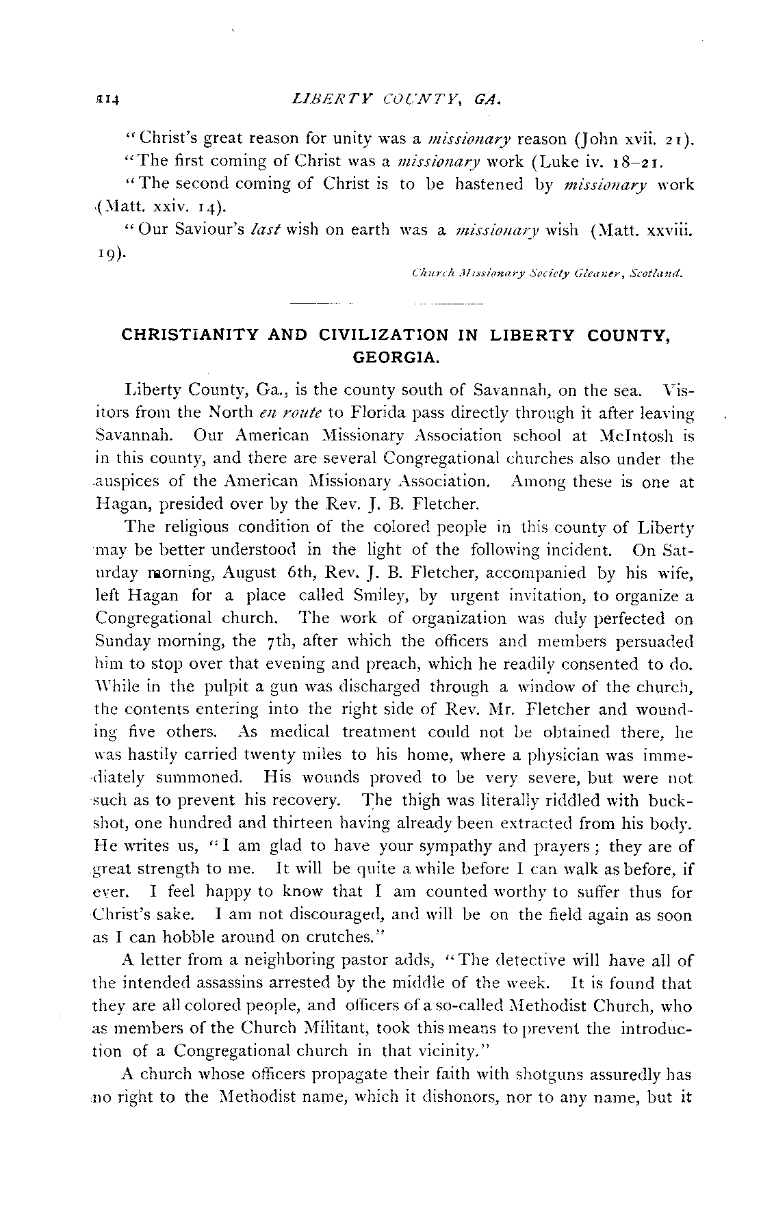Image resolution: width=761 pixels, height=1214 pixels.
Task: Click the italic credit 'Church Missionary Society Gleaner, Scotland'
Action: pyautogui.click(x=546, y=274)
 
